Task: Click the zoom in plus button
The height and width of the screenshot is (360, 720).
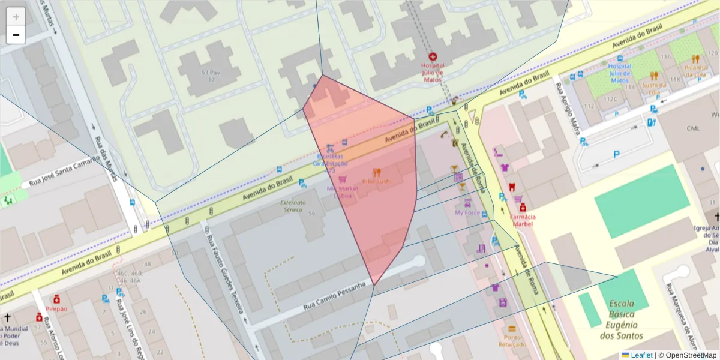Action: click(16, 17)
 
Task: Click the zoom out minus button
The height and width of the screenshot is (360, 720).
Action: click(16, 35)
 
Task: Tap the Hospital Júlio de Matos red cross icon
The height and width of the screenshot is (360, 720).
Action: click(432, 58)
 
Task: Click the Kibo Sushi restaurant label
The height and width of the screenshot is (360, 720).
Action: click(377, 181)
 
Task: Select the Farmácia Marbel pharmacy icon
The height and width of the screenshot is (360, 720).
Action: click(523, 207)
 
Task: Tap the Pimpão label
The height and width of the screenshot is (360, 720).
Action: click(56, 308)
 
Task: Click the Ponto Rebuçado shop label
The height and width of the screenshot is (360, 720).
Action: click(512, 340)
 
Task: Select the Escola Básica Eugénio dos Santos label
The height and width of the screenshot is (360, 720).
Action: click(625, 319)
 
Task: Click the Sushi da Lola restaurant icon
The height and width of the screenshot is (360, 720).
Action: click(654, 76)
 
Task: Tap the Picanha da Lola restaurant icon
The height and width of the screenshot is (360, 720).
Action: click(695, 59)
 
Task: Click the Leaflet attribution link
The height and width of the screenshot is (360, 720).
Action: click(641, 355)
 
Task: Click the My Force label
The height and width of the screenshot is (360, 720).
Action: click(467, 212)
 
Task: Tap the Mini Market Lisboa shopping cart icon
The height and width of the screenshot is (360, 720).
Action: click(343, 179)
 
